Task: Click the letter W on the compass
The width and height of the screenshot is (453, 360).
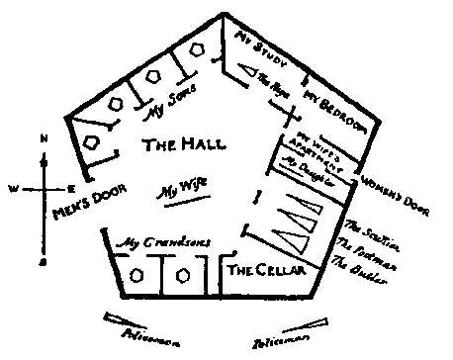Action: click(12, 187)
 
